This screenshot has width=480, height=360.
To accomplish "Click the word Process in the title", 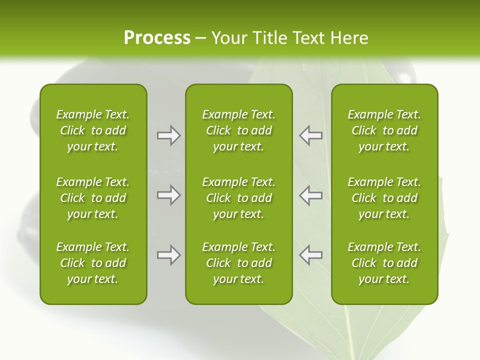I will coord(157,38).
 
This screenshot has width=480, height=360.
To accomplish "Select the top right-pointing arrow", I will coord(168,135).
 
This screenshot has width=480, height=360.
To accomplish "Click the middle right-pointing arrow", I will coord(168,195).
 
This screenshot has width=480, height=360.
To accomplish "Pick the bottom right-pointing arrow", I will coord(168,255).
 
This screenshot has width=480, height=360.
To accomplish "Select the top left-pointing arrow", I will coord(311,135).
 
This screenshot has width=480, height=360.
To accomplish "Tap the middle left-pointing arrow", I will coord(311,195).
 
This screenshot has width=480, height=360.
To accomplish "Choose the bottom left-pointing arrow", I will coord(311,255).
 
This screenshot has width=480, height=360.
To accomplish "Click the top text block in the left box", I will coord(93,130).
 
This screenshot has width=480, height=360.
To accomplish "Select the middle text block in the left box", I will coord(93,198).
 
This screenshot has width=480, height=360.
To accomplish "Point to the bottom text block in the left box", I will coord(93,263).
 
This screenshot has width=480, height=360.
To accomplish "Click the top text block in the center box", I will coord(238,130).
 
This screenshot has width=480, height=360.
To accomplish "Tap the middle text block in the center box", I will coord(238,198).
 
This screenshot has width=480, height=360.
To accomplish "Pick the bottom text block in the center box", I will coord(238,263).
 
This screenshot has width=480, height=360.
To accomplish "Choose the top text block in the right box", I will coord(384,130).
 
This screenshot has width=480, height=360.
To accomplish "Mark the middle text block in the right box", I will coord(384,198).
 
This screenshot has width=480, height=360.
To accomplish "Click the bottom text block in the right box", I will coord(384,263).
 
